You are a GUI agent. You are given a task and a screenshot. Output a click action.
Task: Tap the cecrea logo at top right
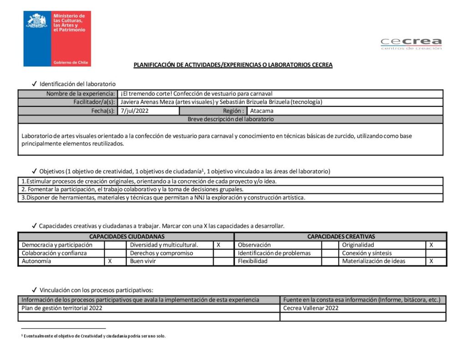tap(411, 44)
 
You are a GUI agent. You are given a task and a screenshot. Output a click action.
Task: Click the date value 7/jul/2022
tap(135, 111)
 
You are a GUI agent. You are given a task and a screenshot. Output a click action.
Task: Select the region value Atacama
tap(262, 111)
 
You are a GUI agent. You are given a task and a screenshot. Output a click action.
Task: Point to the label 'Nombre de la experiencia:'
tap(81, 94)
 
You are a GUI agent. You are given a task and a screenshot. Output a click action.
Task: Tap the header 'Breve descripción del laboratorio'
tap(230, 119)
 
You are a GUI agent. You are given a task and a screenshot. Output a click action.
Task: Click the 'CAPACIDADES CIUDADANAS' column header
tap(127, 237)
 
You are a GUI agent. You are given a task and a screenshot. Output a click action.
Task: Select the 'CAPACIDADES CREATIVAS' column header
tap(341, 237)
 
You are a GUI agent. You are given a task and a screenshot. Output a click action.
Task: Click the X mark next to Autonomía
tap(110, 261)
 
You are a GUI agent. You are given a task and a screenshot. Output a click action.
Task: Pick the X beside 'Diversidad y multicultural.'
tap(218, 245)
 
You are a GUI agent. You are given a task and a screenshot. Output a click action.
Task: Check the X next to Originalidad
tap(431, 245)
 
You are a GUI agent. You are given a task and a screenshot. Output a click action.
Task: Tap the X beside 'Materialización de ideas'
tap(431, 261)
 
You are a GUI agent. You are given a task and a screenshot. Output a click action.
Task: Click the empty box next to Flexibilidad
tap(330, 261)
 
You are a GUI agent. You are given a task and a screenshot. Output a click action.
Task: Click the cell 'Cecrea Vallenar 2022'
tap(311, 308)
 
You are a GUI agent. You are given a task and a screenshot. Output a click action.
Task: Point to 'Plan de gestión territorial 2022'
tap(62, 308)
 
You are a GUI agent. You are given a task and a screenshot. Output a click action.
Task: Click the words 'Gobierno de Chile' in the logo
tap(71, 62)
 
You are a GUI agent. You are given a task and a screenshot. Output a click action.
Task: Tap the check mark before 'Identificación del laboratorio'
tap(34, 84)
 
